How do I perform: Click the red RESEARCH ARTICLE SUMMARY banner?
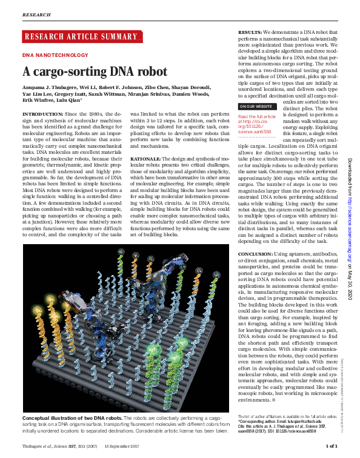click(81, 37)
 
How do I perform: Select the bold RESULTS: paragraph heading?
click(249, 32)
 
